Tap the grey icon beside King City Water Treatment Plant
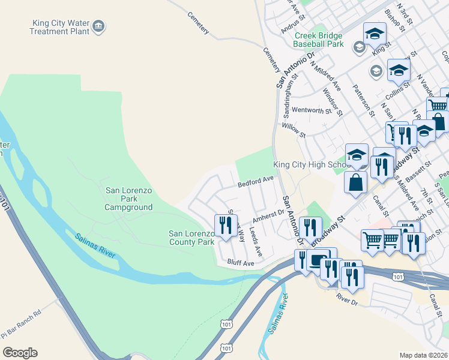pyautogui.click(x=100, y=26)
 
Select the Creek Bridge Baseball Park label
pyautogui.click(x=318, y=40)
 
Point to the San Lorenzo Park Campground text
pyautogui.click(x=129, y=199)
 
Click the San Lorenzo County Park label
pyautogui.click(x=191, y=238)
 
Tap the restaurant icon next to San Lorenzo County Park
pyautogui.click(x=225, y=226)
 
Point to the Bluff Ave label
pyautogui.click(x=241, y=263)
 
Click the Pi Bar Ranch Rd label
pyautogui.click(x=21, y=323)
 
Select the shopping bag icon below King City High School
pyautogui.click(x=355, y=182)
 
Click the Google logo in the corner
pyautogui.click(x=20, y=353)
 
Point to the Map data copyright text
pyautogui.click(x=423, y=355)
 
